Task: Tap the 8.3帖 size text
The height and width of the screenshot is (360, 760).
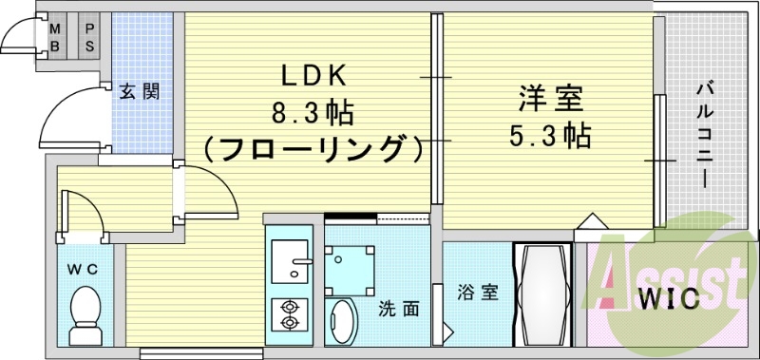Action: [x=313, y=114]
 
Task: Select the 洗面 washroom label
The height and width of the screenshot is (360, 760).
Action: [x=399, y=308]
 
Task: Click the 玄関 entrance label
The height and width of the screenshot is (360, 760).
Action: [x=139, y=92]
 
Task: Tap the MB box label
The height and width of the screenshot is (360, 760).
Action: [x=55, y=36]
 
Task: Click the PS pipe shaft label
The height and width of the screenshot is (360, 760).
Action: [x=90, y=36]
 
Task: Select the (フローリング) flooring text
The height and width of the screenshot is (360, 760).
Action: [x=313, y=149]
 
